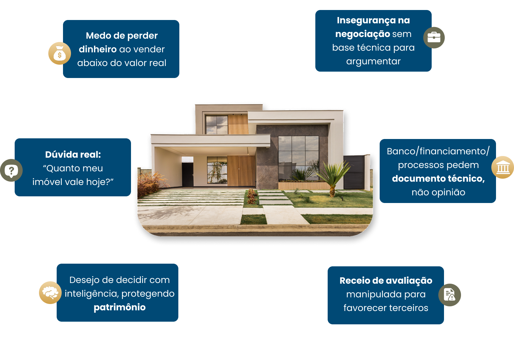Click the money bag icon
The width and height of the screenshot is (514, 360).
pos(60,53)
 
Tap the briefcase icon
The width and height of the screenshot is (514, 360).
pos(434,38)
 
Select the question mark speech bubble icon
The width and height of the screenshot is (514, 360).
pos(11,170)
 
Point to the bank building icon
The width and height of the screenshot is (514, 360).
pos(503,167)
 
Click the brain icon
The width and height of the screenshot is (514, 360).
pos(50,293)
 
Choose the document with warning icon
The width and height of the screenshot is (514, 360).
pos(450,295)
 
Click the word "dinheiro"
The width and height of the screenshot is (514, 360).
pos(98,49)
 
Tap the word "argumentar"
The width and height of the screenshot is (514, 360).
pos(373,61)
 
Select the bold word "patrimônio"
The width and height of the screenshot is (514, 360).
pos(120,307)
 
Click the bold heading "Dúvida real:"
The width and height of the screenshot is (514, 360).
pos(73,155)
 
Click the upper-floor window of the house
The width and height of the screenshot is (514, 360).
pos(216,125)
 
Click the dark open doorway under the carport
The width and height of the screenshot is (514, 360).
pos(187,172)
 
